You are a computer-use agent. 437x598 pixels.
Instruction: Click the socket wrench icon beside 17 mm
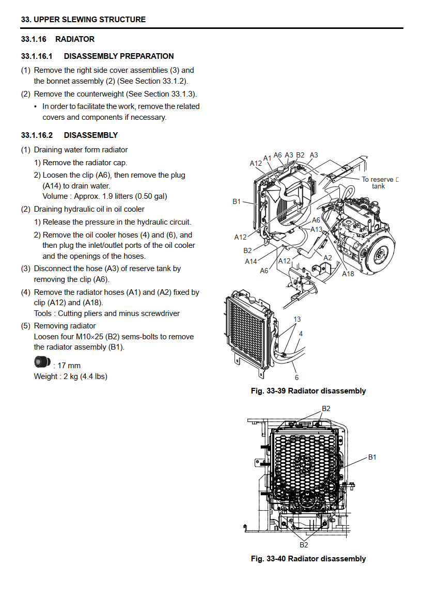click(42, 361)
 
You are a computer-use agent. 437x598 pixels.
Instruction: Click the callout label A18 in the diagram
click(348, 274)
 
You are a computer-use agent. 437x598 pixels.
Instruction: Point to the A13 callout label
click(316, 229)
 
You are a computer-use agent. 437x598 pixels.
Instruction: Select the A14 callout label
click(251, 261)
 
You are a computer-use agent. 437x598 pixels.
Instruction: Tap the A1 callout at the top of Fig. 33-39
click(267, 158)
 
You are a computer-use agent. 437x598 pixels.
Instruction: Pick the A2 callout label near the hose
click(327, 258)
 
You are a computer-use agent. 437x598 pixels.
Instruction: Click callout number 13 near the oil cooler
click(297, 319)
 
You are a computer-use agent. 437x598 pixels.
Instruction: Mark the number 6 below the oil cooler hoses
click(296, 377)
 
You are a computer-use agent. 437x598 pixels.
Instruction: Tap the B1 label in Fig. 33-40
click(372, 457)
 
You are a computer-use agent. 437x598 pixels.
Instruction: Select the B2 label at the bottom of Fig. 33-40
click(304, 545)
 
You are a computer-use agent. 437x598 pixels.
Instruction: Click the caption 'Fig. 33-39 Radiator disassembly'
click(308, 391)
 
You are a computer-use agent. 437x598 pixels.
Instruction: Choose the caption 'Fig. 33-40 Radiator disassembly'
click(308, 559)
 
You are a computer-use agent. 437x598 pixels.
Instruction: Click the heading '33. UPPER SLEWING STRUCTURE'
click(83, 20)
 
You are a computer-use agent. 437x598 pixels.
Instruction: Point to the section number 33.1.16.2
click(37, 135)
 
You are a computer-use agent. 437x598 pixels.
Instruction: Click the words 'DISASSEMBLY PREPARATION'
click(119, 56)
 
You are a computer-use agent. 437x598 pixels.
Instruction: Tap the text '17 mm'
click(69, 366)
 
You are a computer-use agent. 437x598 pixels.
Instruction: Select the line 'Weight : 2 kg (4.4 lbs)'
click(71, 376)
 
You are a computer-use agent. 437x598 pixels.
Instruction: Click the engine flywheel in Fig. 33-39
click(380, 253)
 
